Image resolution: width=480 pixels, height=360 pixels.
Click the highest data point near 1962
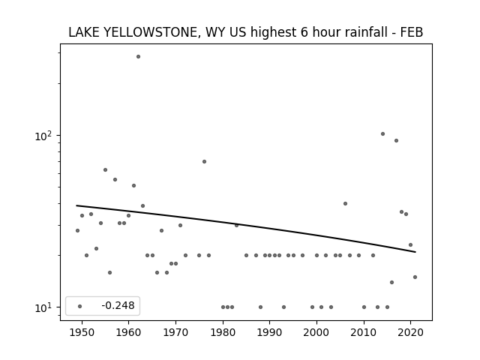click(x=138, y=57)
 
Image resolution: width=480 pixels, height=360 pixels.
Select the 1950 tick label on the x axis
click(x=82, y=332)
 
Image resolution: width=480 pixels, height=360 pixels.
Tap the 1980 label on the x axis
click(x=223, y=332)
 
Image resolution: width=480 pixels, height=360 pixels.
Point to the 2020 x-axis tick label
click(x=411, y=332)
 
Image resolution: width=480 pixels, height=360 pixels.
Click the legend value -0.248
click(x=118, y=305)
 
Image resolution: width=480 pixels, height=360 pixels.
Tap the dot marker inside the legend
click(x=80, y=306)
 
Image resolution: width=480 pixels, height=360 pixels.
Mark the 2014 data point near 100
click(x=382, y=133)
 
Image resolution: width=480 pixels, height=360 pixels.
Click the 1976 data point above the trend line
click(x=204, y=162)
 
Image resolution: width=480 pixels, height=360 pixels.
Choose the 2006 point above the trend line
click(x=345, y=203)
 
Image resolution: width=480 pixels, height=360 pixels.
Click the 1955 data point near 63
click(x=105, y=170)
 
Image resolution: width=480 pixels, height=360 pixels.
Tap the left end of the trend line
click(x=76, y=205)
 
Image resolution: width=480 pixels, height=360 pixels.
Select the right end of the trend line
click(x=415, y=252)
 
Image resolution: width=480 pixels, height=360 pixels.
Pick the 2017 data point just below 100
click(x=396, y=140)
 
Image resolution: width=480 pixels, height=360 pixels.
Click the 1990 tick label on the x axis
click(x=270, y=332)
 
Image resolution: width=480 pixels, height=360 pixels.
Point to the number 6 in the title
click(x=304, y=32)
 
